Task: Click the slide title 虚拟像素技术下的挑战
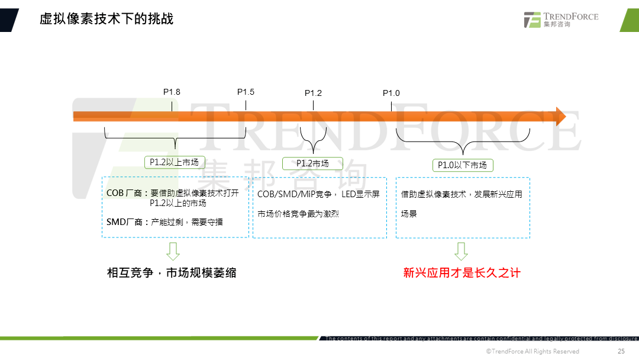(x=106, y=18)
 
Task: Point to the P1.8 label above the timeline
(x=172, y=92)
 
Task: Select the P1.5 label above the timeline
(x=246, y=92)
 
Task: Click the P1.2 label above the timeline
(x=313, y=93)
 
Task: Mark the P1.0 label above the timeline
(x=391, y=93)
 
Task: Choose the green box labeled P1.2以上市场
(x=175, y=162)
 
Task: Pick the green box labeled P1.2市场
(x=312, y=163)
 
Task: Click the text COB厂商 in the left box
(x=124, y=193)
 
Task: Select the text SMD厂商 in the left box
(x=124, y=222)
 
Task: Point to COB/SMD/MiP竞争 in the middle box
(x=294, y=194)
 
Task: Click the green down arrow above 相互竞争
(x=173, y=251)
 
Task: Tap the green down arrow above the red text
(x=461, y=251)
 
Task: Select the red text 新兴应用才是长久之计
(x=461, y=273)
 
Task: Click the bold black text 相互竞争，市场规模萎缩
(x=172, y=273)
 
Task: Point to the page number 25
(x=621, y=352)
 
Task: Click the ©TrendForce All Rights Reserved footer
(x=532, y=352)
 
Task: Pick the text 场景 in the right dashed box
(x=409, y=214)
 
